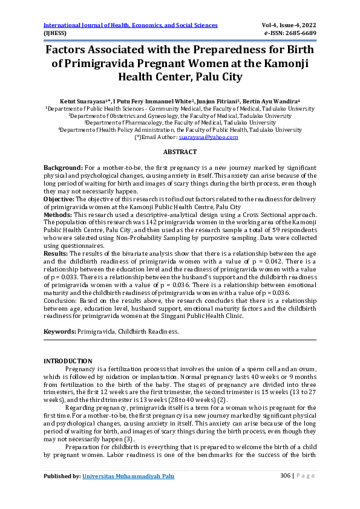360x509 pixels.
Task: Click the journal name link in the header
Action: (130, 25)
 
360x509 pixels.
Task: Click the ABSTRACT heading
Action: (180, 152)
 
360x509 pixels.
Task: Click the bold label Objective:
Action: (59, 198)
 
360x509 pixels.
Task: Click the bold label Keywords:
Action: (60, 332)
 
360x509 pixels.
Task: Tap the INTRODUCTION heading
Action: (68, 361)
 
